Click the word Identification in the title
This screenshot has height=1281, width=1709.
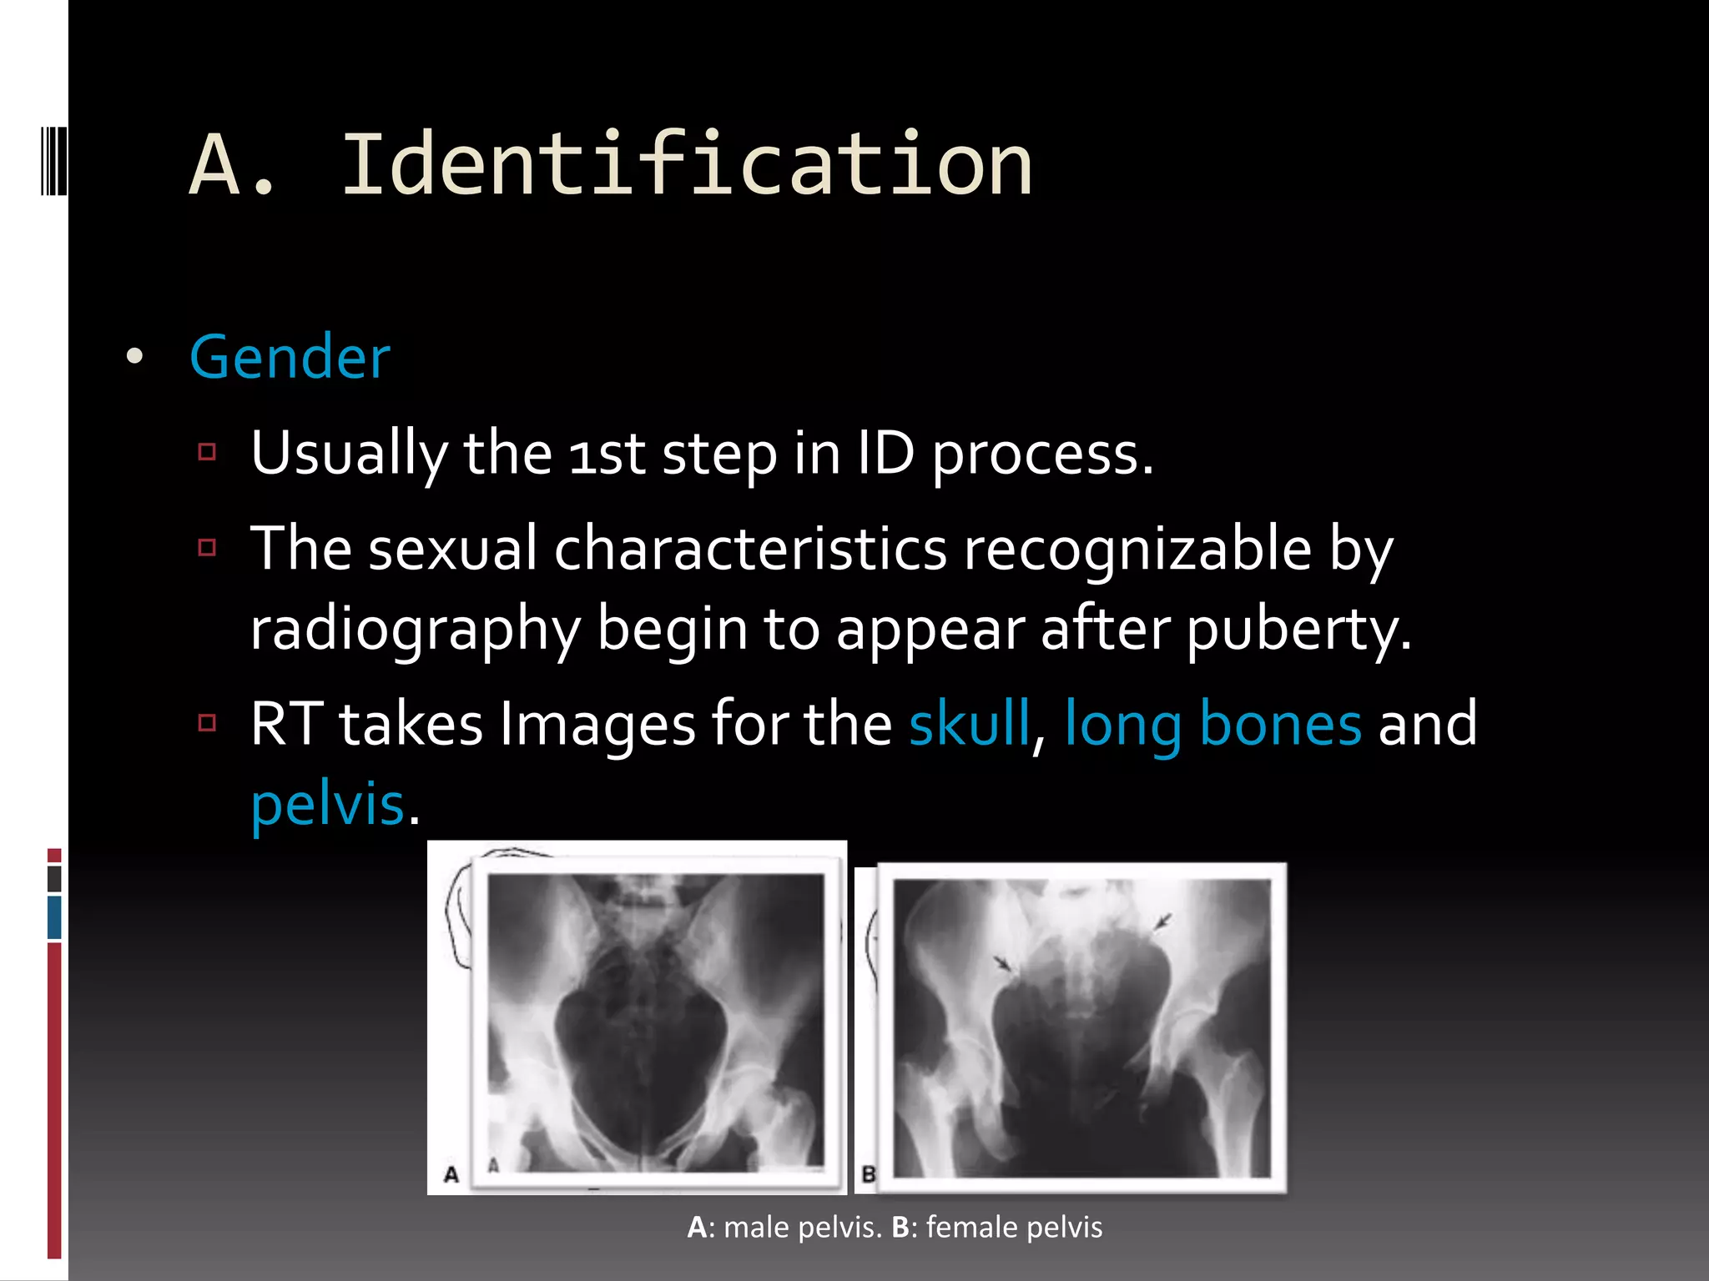coord(687,165)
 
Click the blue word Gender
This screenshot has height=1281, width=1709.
coord(290,357)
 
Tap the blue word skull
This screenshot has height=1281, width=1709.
coord(969,723)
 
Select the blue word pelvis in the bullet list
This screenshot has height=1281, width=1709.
coord(327,804)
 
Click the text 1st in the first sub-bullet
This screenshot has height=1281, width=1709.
coord(607,455)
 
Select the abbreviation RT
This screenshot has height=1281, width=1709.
coord(286,723)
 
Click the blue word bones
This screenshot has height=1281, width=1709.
coord(1280,723)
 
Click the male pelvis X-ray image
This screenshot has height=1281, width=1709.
coord(655,1022)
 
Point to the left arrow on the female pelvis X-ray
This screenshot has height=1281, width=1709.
coord(1004,964)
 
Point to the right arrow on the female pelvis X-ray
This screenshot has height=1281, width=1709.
coord(1162,922)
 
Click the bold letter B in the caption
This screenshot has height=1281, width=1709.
coord(900,1228)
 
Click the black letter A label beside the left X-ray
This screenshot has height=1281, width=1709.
coord(451,1175)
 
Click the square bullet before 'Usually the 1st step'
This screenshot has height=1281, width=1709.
coord(208,453)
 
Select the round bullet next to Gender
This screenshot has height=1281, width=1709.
coord(134,357)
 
